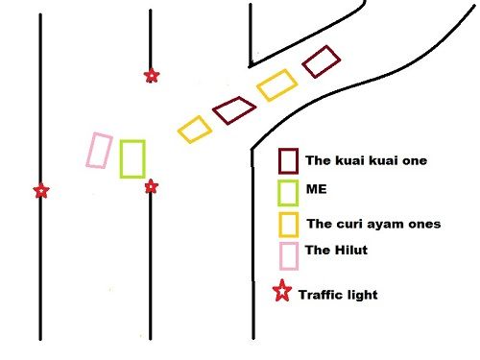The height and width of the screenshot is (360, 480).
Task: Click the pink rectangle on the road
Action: tap(98, 151)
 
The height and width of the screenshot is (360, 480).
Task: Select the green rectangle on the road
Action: tap(132, 159)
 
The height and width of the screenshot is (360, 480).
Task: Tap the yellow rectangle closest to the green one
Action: tap(195, 130)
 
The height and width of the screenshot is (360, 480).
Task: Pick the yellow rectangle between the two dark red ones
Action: tap(276, 86)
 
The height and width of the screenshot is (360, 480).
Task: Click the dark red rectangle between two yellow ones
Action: tap(233, 110)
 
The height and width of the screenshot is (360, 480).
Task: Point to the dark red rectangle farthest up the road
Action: tap(322, 61)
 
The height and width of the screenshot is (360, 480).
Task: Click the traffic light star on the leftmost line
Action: tap(40, 191)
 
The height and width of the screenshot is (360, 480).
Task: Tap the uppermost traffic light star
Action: tap(151, 76)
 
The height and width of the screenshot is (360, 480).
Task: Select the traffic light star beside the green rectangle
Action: tap(151, 187)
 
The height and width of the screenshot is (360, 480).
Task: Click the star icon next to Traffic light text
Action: tap(283, 293)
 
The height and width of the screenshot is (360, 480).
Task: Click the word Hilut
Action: tap(352, 250)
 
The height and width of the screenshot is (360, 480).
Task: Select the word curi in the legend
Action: tap(351, 224)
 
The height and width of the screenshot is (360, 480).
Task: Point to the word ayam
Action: tap(389, 225)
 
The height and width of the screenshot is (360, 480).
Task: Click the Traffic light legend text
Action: tap(338, 295)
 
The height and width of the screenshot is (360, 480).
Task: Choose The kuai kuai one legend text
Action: tap(366, 160)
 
